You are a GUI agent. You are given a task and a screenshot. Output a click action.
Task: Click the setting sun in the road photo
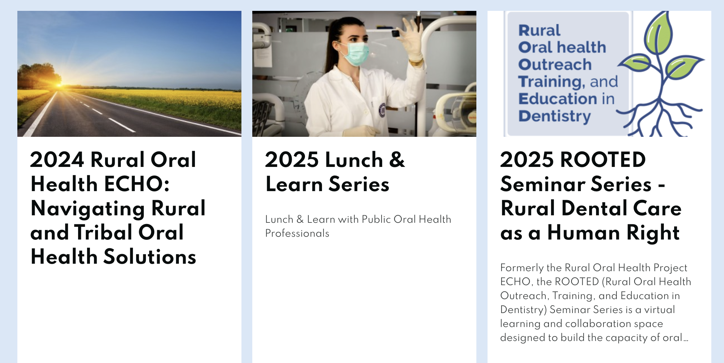click(59, 84)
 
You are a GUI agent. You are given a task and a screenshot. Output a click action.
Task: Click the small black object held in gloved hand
click(396, 33)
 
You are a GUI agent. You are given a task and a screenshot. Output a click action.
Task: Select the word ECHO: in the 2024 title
click(137, 184)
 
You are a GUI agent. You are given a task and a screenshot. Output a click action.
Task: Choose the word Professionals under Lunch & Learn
click(297, 233)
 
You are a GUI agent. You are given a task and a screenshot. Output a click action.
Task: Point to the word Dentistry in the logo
click(555, 116)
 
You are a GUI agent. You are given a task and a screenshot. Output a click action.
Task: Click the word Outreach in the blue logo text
click(555, 65)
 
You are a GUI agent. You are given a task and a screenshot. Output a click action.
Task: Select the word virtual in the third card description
click(660, 309)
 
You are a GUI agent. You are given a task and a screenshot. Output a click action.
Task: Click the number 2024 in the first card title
click(57, 159)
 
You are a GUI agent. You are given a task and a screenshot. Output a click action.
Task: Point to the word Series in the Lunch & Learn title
click(359, 184)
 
